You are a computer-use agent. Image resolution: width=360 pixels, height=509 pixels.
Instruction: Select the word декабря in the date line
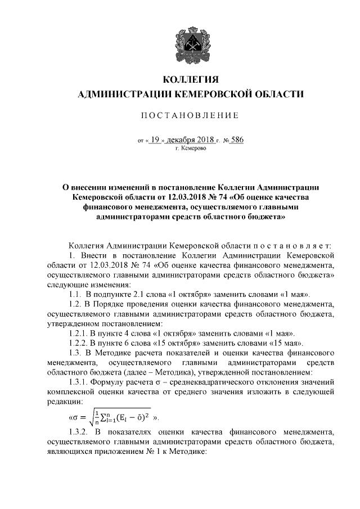tap(186, 141)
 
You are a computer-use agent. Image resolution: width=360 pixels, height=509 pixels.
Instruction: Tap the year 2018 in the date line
tap(216, 141)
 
